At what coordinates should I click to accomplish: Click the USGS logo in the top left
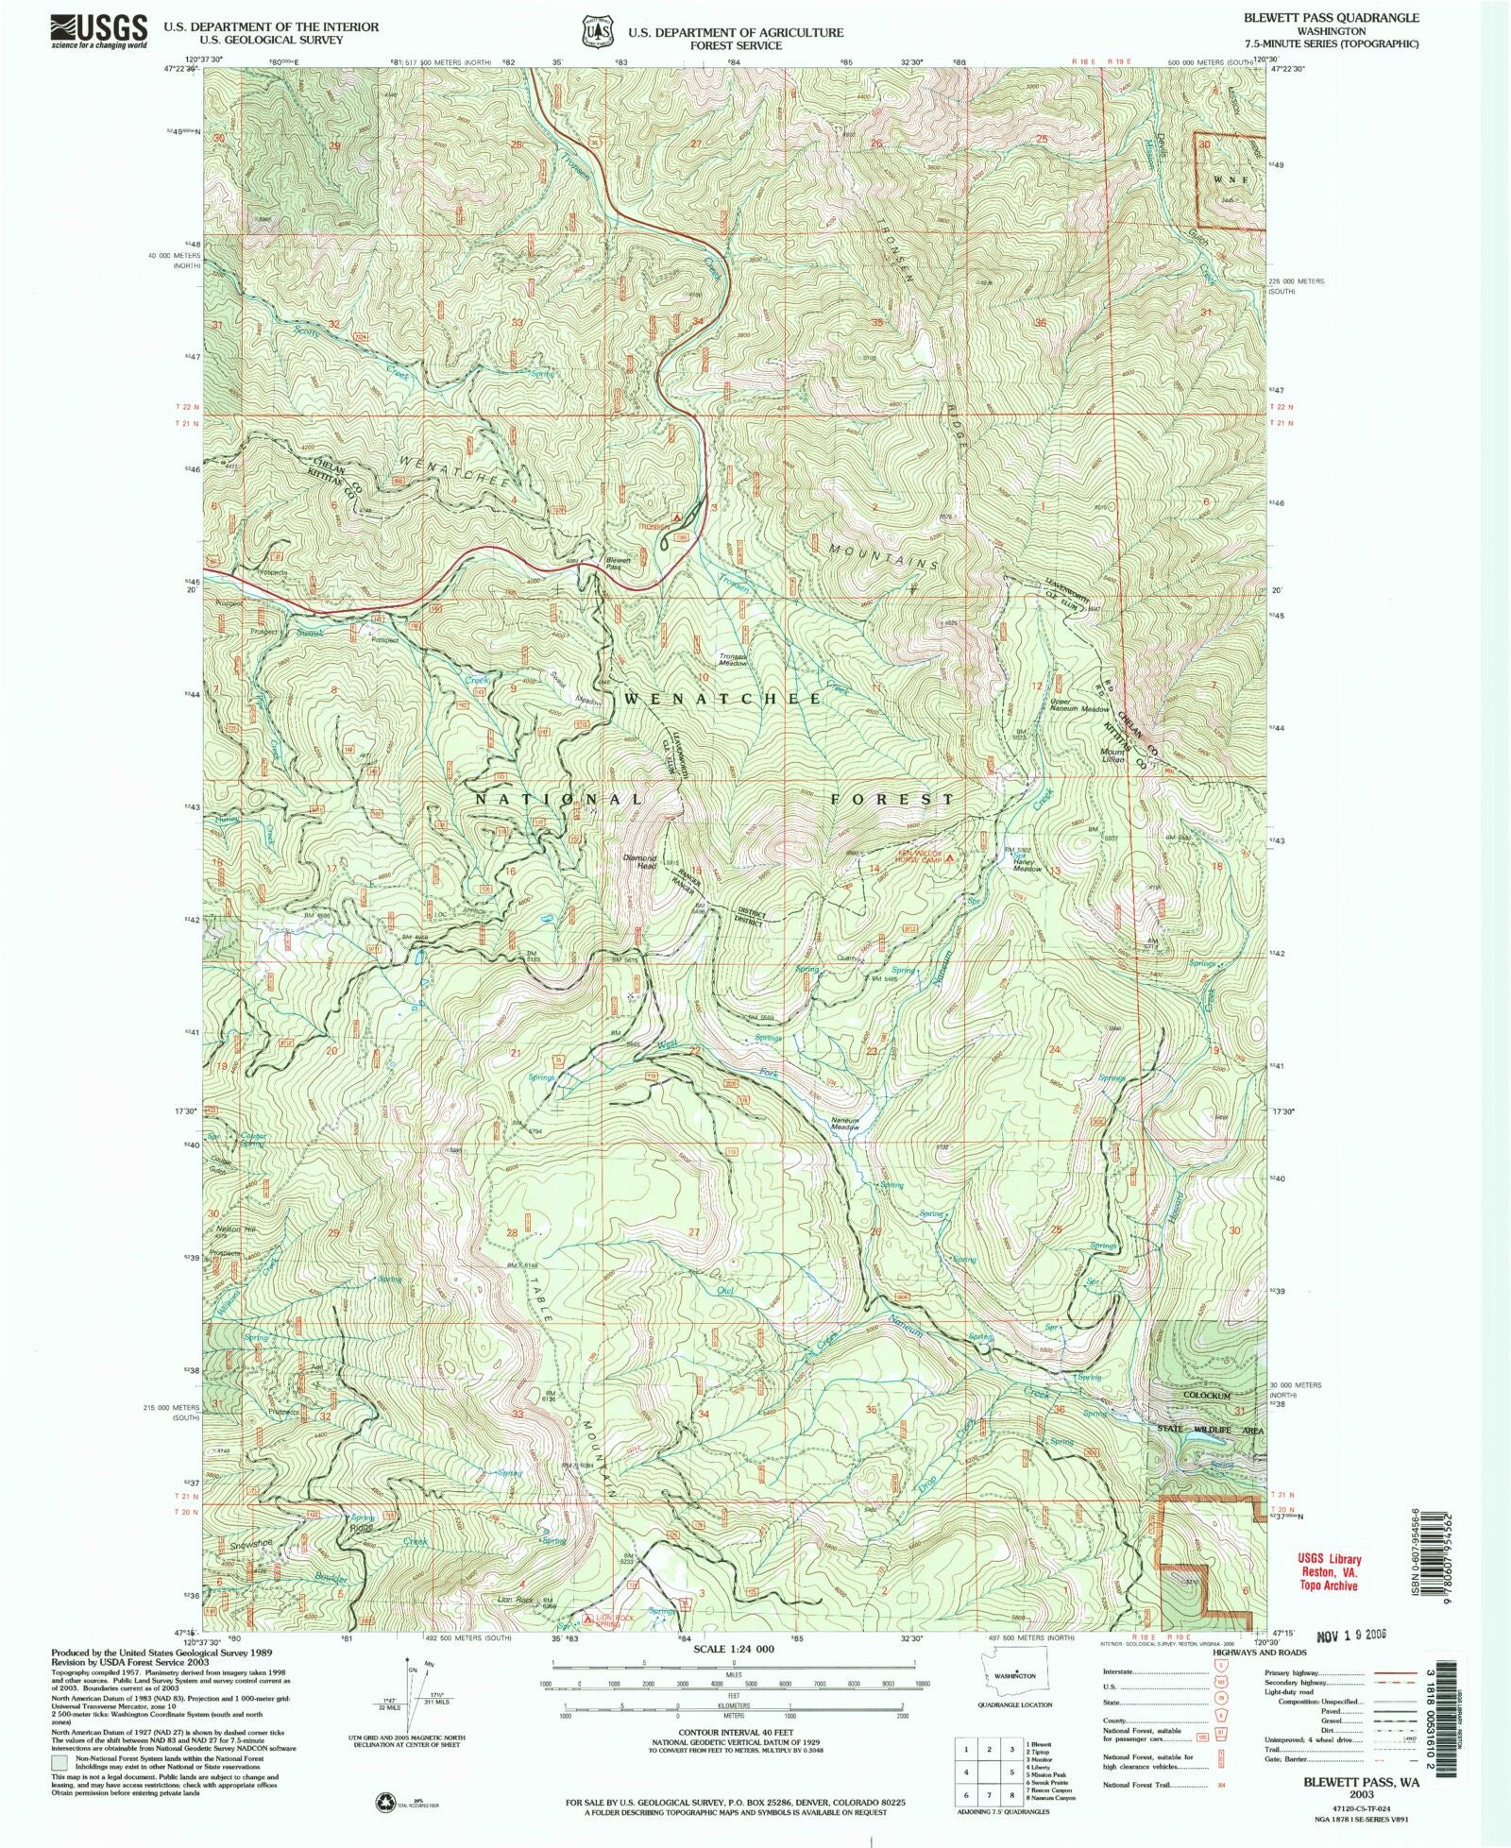(x=99, y=31)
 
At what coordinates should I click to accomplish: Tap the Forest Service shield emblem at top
(x=594, y=31)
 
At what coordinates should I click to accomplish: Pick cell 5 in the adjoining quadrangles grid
(x=988, y=1772)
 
